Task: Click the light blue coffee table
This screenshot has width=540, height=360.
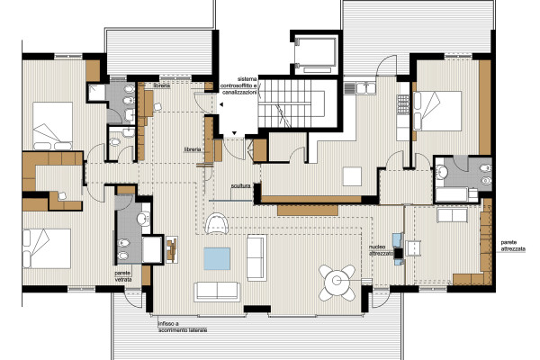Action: click(x=217, y=258)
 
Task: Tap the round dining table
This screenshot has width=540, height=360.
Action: click(x=337, y=282)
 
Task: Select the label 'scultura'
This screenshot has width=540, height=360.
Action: click(x=240, y=186)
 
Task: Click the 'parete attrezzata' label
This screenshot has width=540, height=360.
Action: click(x=513, y=246)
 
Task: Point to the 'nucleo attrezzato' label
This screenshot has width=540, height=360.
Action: click(x=381, y=250)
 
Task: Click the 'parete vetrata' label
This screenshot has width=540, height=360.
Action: click(x=123, y=276)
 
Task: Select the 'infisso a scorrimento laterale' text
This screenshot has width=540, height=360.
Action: click(x=183, y=327)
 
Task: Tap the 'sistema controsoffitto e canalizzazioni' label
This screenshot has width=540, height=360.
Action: click(x=239, y=85)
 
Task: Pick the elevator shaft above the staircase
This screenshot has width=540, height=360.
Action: click(x=316, y=54)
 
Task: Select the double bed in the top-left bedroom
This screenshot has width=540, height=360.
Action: click(x=53, y=126)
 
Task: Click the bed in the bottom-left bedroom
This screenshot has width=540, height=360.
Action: click(x=47, y=248)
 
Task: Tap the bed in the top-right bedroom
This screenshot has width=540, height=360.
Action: click(x=437, y=111)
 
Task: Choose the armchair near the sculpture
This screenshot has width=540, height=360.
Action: click(x=217, y=223)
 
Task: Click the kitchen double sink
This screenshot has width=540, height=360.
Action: click(x=365, y=88)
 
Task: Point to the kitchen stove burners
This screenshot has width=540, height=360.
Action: click(x=403, y=104)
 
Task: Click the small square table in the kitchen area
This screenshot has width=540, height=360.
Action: click(x=352, y=176)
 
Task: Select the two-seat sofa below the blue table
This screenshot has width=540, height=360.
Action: click(x=217, y=292)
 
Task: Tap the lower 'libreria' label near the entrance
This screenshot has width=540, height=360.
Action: click(x=193, y=149)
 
